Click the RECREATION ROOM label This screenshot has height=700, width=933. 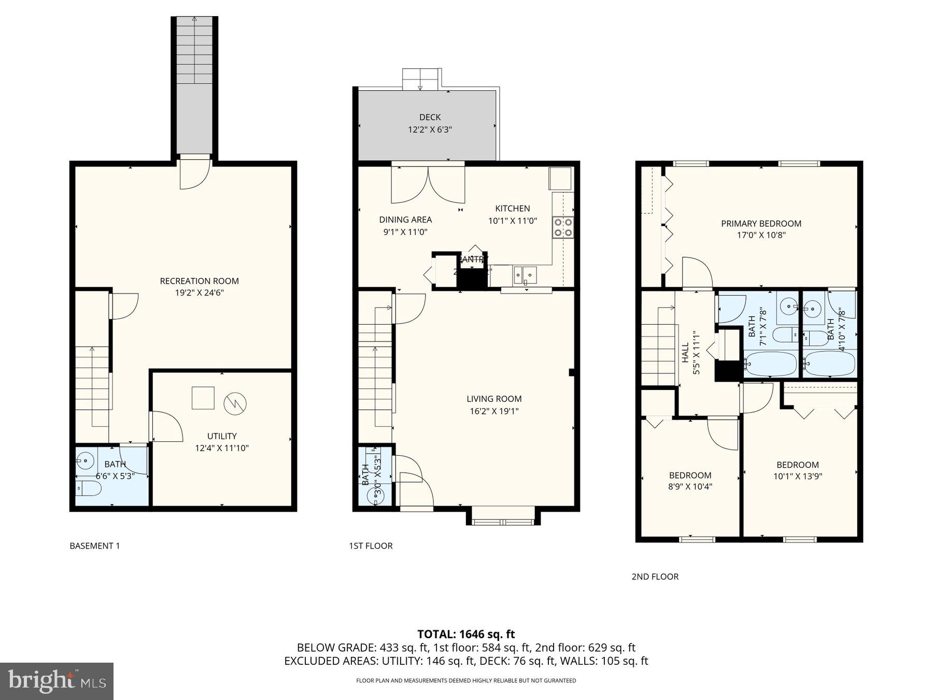199,281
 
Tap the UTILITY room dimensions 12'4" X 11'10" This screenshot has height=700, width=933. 222,448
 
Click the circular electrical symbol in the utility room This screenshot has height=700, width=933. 235,403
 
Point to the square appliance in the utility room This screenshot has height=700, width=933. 203,398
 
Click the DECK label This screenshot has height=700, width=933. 430,117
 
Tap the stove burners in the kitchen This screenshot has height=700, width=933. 563,227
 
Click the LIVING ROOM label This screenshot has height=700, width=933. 494,399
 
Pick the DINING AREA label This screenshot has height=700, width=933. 405,219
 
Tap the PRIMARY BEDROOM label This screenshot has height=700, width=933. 761,223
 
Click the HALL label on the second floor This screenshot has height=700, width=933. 685,352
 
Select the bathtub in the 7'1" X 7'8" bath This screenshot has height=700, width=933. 770,364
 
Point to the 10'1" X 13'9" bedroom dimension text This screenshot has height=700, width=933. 797,477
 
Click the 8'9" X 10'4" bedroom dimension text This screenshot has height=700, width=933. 690,487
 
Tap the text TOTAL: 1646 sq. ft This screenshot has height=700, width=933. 466,634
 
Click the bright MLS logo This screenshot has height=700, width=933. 56,681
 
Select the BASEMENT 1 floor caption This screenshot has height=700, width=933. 95,545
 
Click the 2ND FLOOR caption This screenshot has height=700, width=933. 655,577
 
